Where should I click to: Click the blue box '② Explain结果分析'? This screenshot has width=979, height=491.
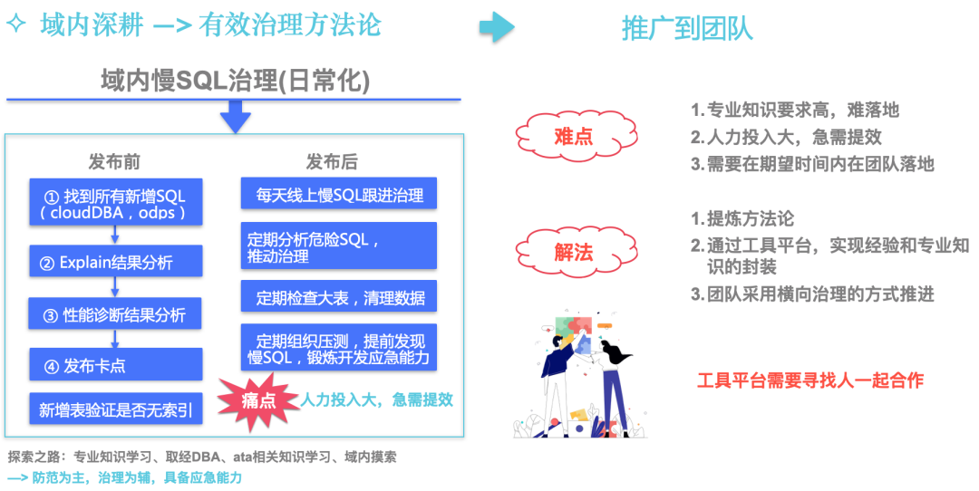116,263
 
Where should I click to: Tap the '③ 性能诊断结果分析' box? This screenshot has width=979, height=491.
116,314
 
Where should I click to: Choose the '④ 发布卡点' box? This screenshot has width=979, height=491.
116,365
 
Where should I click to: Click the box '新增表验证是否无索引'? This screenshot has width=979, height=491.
116,409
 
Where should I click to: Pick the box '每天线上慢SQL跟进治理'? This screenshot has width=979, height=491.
339,194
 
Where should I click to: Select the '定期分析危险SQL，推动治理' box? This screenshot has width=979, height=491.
339,246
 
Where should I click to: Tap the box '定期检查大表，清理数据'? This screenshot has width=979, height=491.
339,297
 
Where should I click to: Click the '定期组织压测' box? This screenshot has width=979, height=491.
339,348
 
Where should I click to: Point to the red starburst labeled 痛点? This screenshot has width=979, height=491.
257,400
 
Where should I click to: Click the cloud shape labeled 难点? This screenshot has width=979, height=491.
573,137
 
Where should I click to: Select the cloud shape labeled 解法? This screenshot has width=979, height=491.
573,252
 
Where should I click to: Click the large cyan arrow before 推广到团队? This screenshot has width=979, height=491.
497,27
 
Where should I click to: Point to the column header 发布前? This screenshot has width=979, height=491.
114,162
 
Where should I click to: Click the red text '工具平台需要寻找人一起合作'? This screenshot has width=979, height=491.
809,380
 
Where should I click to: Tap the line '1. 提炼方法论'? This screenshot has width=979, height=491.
742,219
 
